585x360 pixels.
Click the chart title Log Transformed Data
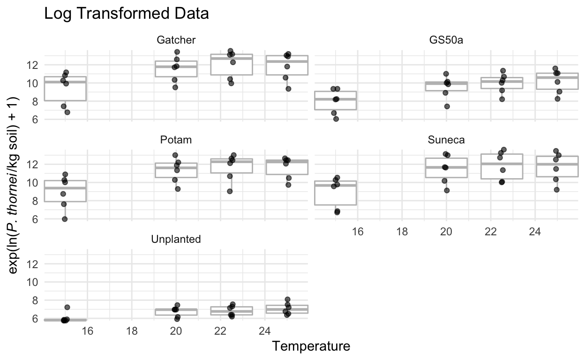click(126, 14)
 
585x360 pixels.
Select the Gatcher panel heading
click(176, 40)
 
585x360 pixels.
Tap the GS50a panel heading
click(446, 40)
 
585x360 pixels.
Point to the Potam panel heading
click(176, 140)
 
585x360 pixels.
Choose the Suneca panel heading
click(446, 140)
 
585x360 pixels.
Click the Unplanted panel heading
click(176, 239)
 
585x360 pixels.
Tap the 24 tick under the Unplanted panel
click(265, 330)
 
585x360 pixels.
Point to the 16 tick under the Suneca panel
click(357, 231)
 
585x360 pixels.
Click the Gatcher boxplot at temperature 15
click(65, 89)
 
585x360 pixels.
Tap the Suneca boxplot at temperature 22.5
click(490, 166)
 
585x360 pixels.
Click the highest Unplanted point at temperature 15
click(67, 307)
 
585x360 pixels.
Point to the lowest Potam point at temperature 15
click(65, 219)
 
